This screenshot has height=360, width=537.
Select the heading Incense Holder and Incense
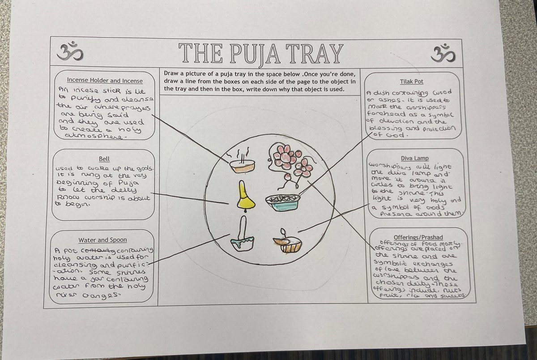click(x=104, y=81)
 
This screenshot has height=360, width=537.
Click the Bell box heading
click(x=103, y=159)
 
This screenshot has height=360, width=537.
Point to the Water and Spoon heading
click(x=103, y=240)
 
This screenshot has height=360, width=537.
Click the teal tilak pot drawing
click(x=282, y=203)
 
